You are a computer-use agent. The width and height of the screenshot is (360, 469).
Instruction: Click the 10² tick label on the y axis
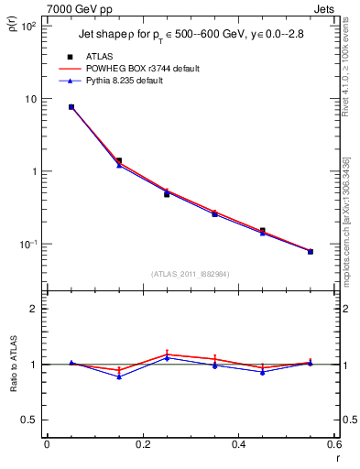click(x=27, y=26)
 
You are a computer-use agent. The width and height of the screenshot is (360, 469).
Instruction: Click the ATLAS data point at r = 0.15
click(x=119, y=160)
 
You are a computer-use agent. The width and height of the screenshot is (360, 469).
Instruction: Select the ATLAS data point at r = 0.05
click(x=71, y=107)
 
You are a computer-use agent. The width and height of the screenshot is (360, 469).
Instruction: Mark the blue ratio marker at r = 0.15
click(x=119, y=376)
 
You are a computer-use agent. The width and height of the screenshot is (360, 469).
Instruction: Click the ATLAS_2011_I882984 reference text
click(x=191, y=274)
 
